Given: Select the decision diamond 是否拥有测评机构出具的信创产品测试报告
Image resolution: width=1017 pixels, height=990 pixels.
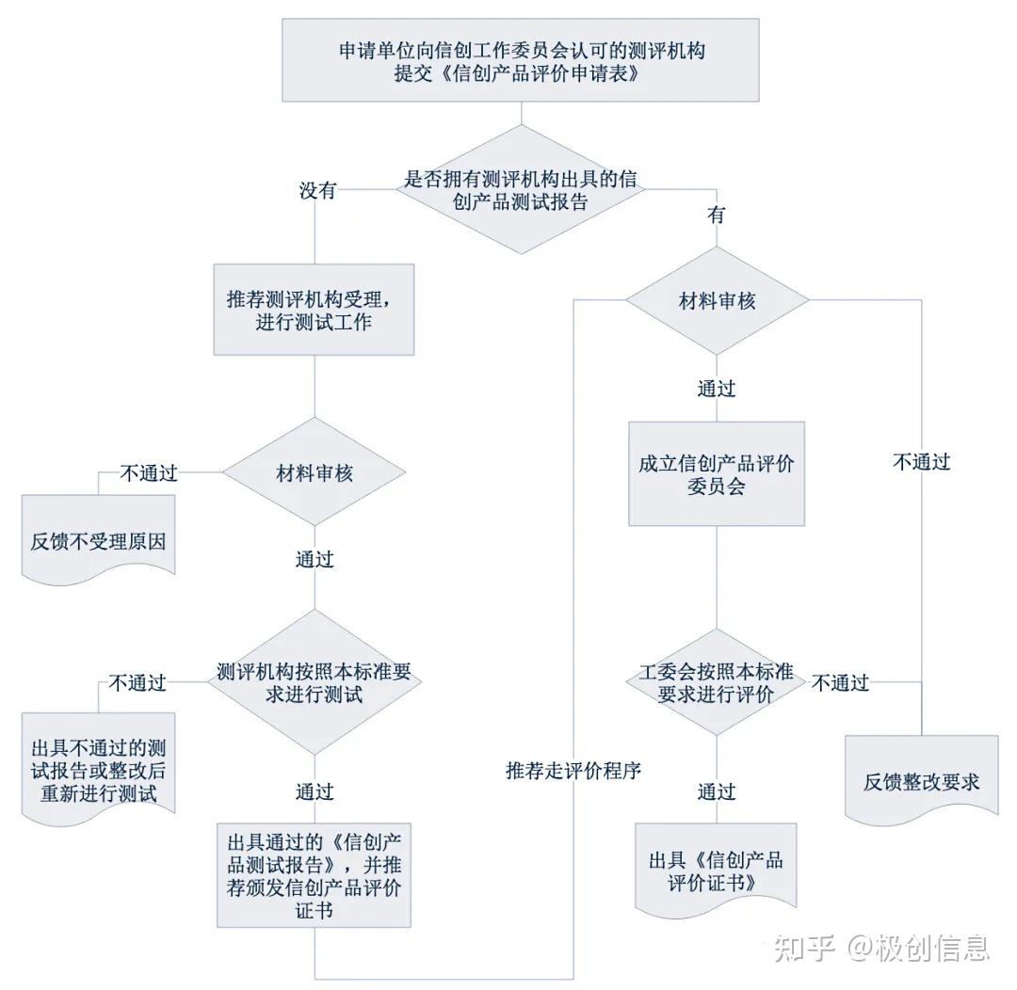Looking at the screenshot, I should [x=522, y=189].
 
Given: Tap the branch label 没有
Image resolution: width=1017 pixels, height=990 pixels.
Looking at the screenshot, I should [x=317, y=191].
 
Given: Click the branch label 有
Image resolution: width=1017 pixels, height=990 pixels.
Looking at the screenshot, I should [x=717, y=215].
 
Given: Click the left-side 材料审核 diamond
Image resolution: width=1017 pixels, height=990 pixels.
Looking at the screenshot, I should [x=314, y=473].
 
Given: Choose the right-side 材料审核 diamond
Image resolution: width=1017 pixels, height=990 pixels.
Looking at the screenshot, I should [x=717, y=301].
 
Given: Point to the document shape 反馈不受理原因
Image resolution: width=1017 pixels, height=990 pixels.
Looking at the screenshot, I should [x=99, y=541].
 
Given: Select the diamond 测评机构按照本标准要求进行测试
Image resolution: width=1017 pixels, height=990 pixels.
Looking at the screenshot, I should [x=314, y=682].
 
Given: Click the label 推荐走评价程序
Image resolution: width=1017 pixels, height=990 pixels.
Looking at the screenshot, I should [x=573, y=771].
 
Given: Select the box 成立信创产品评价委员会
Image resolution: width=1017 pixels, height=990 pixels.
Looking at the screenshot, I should [x=717, y=474].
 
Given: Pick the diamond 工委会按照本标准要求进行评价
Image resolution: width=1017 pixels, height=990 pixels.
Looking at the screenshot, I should [x=717, y=683].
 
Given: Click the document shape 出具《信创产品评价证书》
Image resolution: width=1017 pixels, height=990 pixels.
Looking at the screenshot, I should [x=716, y=871].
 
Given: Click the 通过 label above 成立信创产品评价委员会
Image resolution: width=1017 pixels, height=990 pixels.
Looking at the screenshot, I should [x=717, y=388].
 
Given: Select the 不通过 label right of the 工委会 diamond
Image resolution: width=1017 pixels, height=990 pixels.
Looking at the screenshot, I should [x=840, y=683].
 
